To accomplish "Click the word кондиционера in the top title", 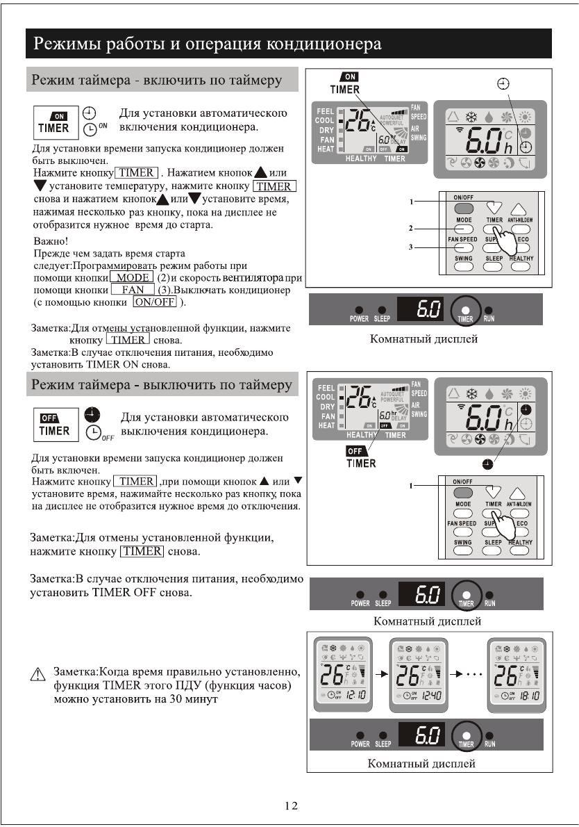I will point(321,45).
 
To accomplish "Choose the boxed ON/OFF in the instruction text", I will point(156,302).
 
